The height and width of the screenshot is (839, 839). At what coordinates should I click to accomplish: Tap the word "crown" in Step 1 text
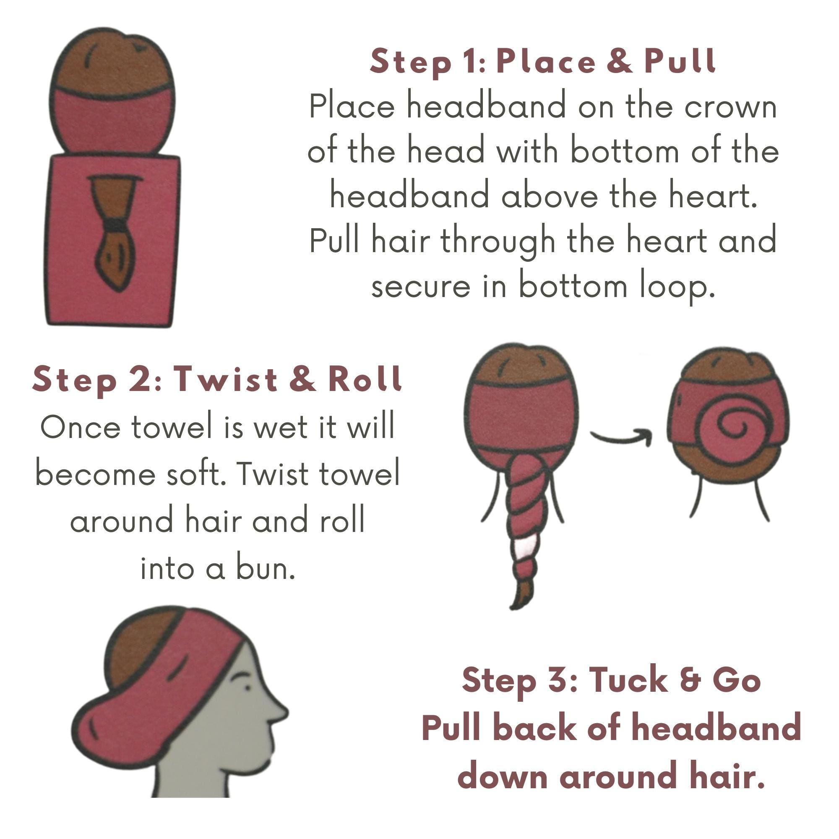coord(730,107)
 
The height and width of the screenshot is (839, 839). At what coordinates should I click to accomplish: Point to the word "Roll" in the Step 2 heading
coord(365,379)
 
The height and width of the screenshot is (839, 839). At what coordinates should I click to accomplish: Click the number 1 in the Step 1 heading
coord(478,62)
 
